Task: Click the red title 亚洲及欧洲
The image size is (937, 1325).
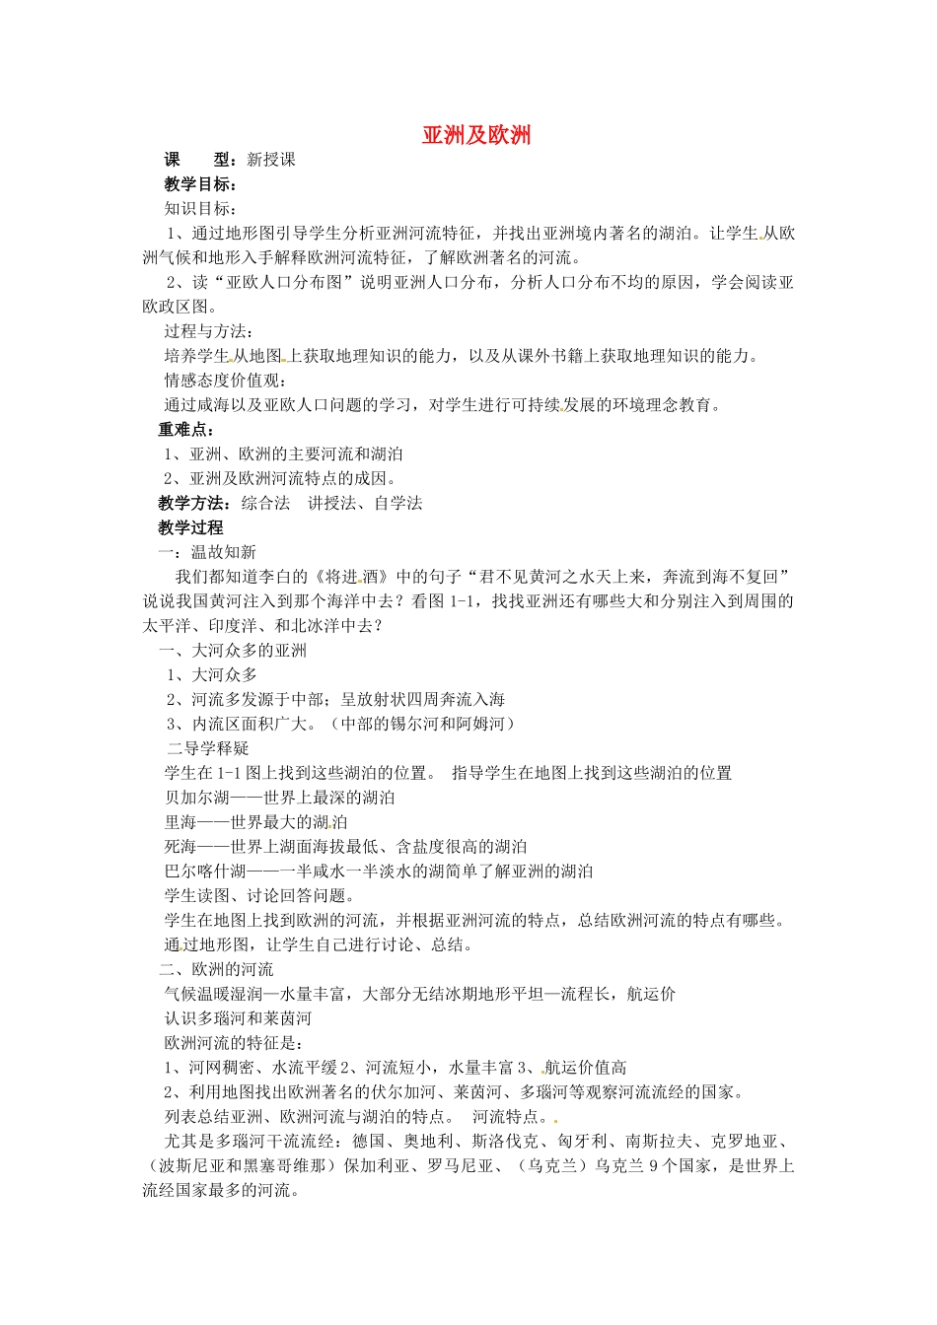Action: pos(476,135)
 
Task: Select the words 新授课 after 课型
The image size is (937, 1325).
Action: pos(270,160)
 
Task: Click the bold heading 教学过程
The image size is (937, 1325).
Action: pos(190,527)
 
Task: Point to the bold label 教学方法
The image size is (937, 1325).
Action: pos(192,503)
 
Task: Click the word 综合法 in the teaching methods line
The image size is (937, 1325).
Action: pos(265,503)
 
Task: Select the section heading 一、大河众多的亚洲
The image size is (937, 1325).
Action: pos(233,651)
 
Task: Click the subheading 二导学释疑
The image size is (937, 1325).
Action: pos(208,748)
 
